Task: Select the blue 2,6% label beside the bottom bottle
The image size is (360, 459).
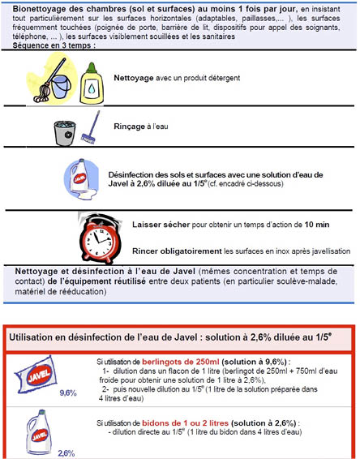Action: [66, 453]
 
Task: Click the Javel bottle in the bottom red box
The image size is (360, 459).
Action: [36, 430]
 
